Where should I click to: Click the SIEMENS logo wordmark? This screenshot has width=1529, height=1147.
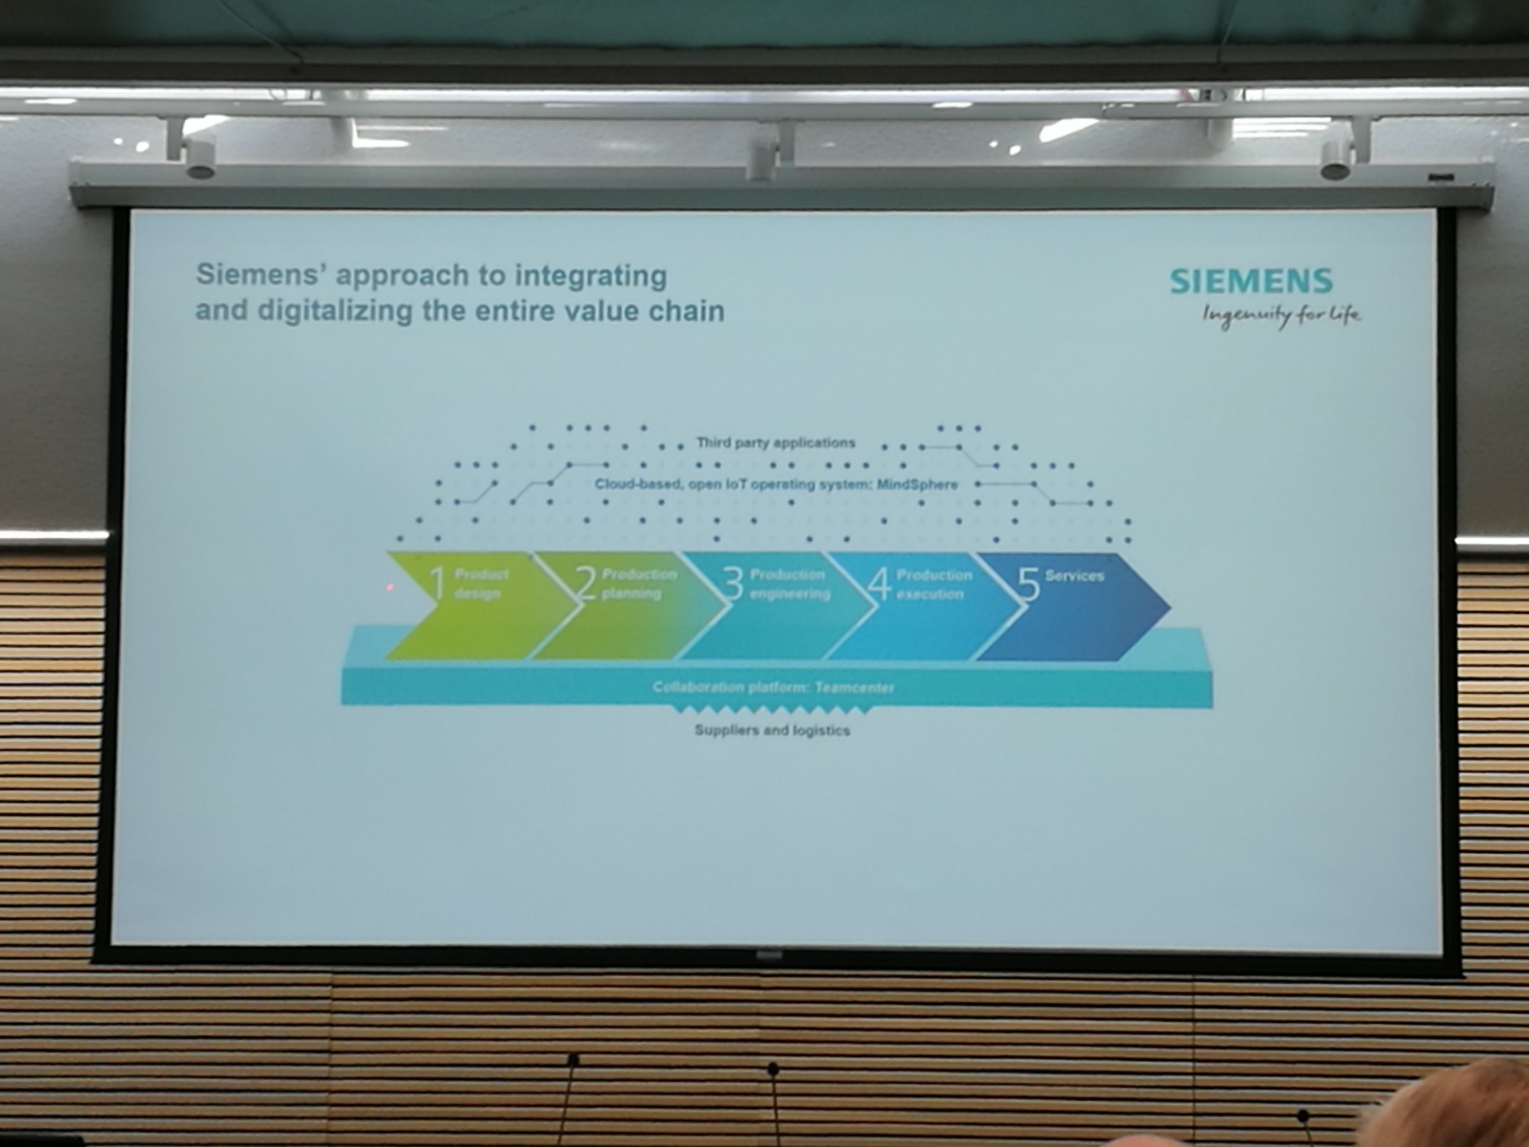click(x=1251, y=281)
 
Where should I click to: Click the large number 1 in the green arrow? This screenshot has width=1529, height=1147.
click(x=437, y=583)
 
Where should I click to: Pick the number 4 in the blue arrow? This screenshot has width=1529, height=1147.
click(x=880, y=584)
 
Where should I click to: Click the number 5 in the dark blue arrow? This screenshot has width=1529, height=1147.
click(x=1029, y=585)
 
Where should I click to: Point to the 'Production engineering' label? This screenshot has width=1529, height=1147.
click(x=790, y=584)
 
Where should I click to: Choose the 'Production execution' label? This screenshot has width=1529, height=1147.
click(x=934, y=584)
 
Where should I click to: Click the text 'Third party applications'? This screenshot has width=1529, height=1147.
click(x=776, y=442)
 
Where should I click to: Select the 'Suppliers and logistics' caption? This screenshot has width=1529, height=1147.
click(x=772, y=730)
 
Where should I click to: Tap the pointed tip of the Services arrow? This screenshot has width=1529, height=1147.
click(x=1170, y=608)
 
